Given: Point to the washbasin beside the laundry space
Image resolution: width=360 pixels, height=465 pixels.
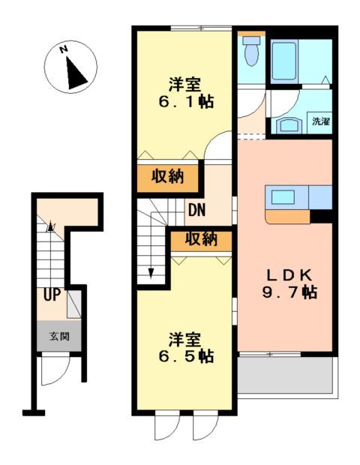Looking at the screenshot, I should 289,124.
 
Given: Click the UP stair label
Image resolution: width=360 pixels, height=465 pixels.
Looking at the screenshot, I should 50,295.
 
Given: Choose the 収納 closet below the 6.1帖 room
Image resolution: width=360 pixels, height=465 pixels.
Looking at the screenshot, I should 169,176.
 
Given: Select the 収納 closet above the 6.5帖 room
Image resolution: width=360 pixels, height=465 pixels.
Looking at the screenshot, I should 200,239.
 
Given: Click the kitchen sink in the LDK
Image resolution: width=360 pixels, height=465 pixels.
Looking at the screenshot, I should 284,197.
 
